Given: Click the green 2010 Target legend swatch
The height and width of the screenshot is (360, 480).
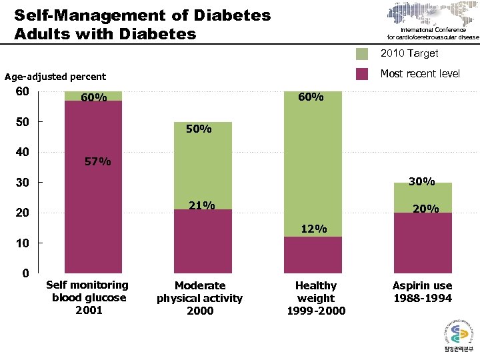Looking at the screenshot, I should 362,54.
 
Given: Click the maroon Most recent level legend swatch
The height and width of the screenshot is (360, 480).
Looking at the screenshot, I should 362,74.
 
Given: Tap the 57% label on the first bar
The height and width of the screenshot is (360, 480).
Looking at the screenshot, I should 98,161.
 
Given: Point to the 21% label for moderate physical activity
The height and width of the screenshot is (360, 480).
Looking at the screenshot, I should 201,205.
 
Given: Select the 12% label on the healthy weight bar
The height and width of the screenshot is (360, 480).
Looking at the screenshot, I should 313,229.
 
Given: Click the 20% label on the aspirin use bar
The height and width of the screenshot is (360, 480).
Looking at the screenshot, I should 425,209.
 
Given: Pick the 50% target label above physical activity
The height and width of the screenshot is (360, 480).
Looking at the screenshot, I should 198,129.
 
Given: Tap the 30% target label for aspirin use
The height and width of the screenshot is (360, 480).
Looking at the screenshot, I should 421,181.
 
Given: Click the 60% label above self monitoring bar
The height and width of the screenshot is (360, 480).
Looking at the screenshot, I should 94,98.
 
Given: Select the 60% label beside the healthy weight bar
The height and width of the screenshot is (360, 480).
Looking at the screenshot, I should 311,97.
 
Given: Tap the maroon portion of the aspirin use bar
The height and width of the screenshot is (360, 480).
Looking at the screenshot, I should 423,243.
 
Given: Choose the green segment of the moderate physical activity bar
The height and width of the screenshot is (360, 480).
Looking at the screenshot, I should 203,167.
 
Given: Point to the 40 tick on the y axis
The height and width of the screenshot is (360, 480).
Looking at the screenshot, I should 23,152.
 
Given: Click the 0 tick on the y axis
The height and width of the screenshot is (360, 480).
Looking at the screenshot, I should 25,273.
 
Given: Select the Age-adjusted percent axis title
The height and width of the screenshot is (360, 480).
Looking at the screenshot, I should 55,77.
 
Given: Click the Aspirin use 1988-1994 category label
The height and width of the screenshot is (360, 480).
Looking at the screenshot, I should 422,292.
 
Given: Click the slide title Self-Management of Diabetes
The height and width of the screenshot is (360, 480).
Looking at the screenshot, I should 143,15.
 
